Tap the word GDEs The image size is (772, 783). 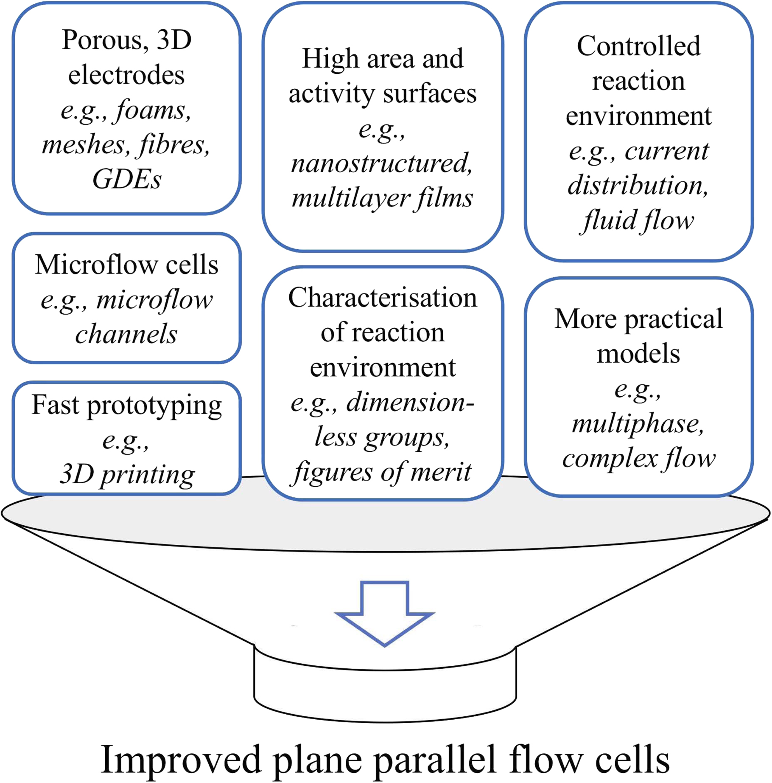(x=126, y=180)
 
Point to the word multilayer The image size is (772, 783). (x=350, y=198)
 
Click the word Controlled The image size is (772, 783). (x=638, y=46)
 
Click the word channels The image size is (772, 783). (x=126, y=334)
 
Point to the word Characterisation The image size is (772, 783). (x=382, y=298)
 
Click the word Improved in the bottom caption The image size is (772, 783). (x=180, y=760)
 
